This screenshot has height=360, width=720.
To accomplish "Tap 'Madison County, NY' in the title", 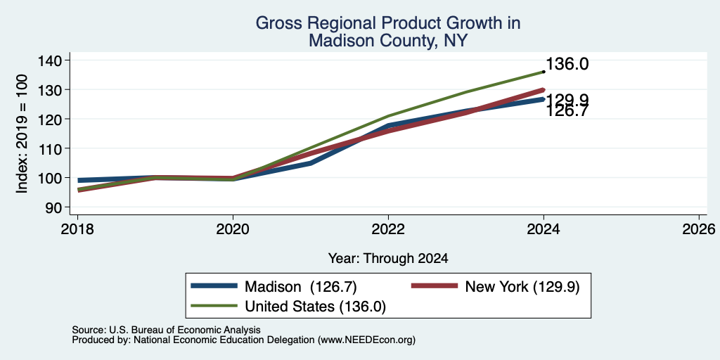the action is (388, 41).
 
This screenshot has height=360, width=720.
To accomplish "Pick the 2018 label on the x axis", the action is (77, 229).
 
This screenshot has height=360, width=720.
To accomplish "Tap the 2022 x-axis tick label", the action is (388, 229).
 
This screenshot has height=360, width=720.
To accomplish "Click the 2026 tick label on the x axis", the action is (699, 229).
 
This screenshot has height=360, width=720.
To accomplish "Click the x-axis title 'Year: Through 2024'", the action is (388, 259).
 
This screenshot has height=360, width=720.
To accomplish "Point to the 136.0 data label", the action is (567, 64).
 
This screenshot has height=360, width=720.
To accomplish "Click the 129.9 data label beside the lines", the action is (567, 101).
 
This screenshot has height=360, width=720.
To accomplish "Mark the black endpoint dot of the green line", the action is (544, 72).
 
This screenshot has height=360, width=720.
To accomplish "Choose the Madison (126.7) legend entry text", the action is (301, 287).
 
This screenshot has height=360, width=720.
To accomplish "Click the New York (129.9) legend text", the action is (522, 287).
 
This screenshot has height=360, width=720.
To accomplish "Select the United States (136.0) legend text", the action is (315, 307).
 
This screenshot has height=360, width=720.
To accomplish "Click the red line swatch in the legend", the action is (435, 286).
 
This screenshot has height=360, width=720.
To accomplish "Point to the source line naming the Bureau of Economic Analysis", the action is (166, 330).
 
